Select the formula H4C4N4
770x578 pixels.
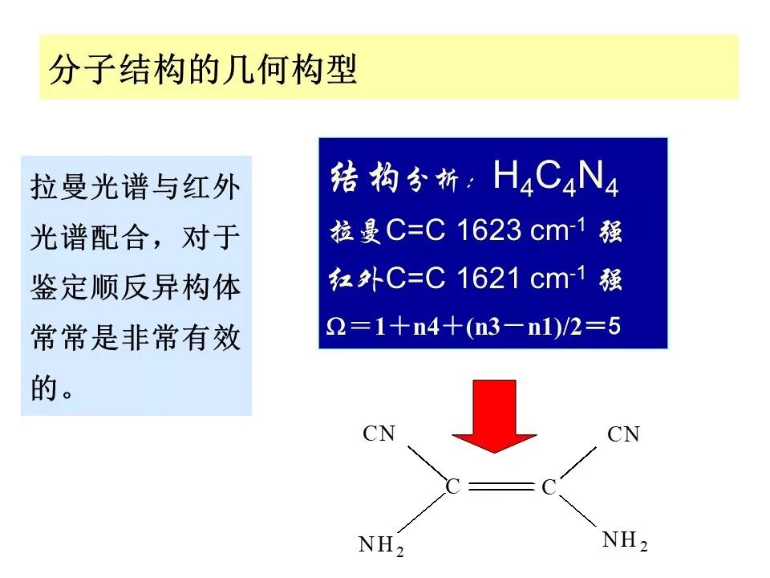click(555, 177)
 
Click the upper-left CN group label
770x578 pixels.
click(379, 434)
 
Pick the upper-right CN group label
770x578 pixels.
click(623, 435)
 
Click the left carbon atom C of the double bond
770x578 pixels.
click(453, 486)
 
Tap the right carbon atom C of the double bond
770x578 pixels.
click(549, 487)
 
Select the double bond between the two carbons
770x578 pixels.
click(500, 486)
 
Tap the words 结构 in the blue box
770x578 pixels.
click(365, 178)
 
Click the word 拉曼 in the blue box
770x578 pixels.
click(356, 232)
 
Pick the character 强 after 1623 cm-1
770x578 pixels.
click(610, 232)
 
